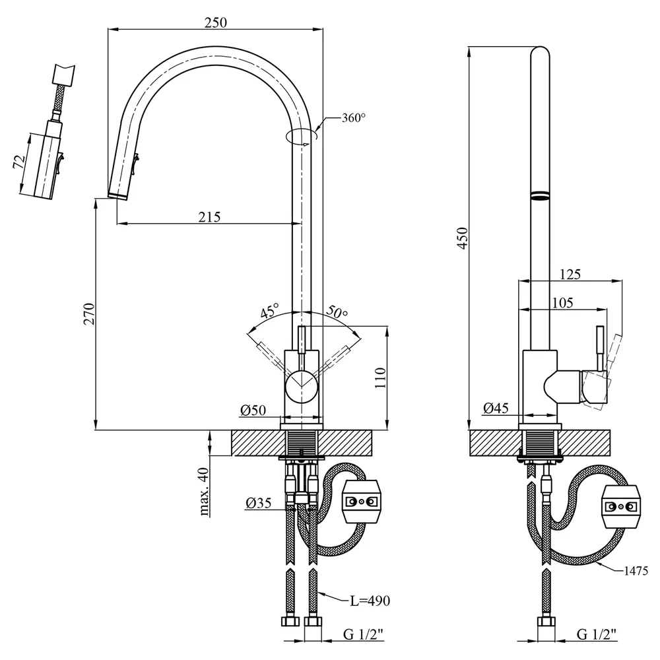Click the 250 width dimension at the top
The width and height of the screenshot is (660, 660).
pos(216,22)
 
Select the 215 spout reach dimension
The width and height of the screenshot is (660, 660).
pos(209,216)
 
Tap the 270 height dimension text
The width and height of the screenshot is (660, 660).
pos(90,313)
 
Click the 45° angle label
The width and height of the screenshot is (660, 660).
pos(269,311)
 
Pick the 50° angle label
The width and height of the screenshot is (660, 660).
pos(337,312)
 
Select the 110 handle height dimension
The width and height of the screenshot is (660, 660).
pos(380,378)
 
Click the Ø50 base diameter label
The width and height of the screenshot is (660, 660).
pos(253,410)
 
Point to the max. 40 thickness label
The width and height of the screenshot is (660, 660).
pos(204,492)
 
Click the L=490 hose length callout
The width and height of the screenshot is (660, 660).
pos(370,601)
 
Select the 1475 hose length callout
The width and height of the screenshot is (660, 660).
pos(636,571)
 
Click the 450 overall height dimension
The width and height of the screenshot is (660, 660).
pos(462,238)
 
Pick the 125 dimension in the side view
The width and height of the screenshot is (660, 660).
pos(570,274)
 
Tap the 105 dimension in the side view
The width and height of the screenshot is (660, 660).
pos(562,303)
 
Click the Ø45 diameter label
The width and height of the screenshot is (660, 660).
pos(496,408)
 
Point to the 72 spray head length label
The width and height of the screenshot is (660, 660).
pos(19,162)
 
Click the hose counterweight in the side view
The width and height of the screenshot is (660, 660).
pos(621,507)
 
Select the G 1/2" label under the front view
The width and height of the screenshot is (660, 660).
pos(363,634)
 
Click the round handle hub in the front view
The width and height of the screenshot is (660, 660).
pos(302,387)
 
